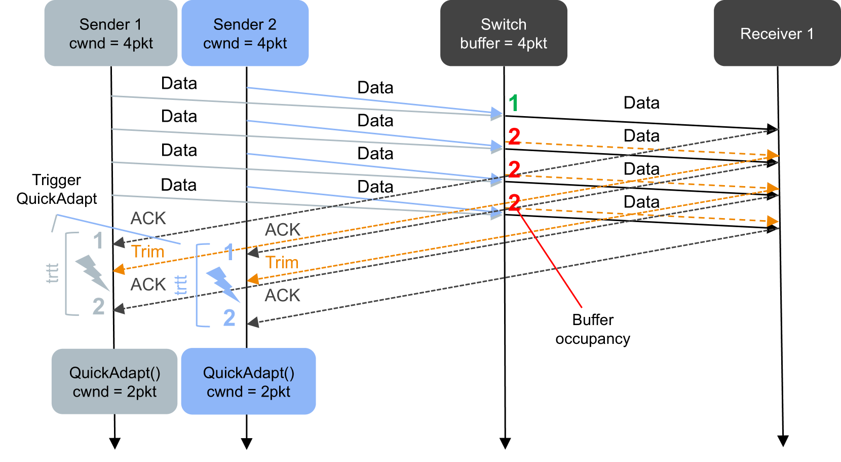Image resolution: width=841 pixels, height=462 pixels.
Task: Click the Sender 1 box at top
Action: pyautogui.click(x=110, y=33)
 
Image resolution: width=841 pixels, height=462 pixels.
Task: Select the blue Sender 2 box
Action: pyautogui.click(x=245, y=33)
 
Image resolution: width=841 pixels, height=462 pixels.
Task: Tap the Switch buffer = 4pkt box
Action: pyautogui.click(x=503, y=33)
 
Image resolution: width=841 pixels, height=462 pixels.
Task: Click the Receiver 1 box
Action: pyautogui.click(x=777, y=33)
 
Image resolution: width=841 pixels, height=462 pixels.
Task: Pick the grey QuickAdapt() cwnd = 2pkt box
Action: pyautogui.click(x=114, y=381)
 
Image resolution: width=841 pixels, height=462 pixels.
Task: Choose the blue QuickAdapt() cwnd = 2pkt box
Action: pyautogui.click(x=248, y=381)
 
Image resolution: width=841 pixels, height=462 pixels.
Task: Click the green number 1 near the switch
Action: pyautogui.click(x=513, y=103)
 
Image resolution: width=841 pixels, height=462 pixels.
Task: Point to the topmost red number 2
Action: pyautogui.click(x=514, y=136)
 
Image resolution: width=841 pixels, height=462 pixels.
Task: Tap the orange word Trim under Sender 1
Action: pyautogui.click(x=148, y=252)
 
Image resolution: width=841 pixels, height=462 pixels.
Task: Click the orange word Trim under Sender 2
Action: pyautogui.click(x=282, y=263)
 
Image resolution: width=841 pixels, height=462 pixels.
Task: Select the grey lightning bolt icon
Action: pyautogui.click(x=92, y=272)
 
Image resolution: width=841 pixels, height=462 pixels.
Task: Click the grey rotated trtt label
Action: pyautogui.click(x=52, y=273)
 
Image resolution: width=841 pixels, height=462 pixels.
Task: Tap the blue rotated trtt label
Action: pyautogui.click(x=181, y=285)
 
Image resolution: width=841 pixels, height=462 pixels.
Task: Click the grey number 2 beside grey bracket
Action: pyautogui.click(x=99, y=306)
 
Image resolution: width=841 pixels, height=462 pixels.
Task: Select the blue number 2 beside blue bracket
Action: pyautogui.click(x=230, y=318)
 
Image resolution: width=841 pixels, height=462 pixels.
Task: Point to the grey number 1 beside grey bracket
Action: pyautogui.click(x=98, y=240)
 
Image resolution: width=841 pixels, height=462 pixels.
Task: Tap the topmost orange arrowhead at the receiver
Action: pyautogui.click(x=772, y=155)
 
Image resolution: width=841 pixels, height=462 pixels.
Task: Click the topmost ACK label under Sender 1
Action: pyautogui.click(x=148, y=218)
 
